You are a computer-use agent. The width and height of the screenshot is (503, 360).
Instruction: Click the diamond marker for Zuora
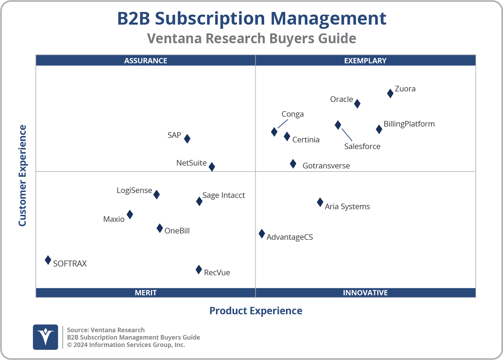[390, 93]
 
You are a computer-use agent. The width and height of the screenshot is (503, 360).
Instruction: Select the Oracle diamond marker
[357, 104]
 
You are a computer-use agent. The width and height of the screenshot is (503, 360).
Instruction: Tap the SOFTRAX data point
[48, 260]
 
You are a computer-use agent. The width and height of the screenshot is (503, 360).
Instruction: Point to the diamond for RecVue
[199, 270]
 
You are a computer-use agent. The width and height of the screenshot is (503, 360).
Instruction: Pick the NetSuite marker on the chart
[212, 167]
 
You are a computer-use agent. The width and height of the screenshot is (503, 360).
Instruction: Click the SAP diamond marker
[187, 139]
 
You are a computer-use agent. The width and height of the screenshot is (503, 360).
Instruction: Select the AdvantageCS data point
[262, 234]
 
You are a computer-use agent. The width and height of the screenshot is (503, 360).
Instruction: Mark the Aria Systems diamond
[320, 202]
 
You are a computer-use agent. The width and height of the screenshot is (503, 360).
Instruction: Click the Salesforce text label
[362, 146]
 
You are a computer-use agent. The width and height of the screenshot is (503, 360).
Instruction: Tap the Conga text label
[292, 114]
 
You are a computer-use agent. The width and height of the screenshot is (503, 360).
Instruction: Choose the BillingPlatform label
[409, 124]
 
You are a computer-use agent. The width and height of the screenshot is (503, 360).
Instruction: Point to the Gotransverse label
[326, 166]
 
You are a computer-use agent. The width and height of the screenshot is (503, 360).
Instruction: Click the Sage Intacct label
[224, 195]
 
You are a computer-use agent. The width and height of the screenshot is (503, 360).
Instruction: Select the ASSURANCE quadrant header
[146, 60]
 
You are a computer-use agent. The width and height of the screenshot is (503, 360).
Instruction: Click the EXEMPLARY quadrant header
[365, 60]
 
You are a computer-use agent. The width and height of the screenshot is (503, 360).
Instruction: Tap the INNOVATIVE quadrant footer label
[365, 292]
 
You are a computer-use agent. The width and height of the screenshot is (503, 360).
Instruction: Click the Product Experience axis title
[256, 311]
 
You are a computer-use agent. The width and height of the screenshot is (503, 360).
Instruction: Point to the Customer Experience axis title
[23, 176]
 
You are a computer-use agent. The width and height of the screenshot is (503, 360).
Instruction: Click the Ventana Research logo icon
[45, 337]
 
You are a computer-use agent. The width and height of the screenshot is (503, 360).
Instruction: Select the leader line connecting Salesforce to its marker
[347, 135]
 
